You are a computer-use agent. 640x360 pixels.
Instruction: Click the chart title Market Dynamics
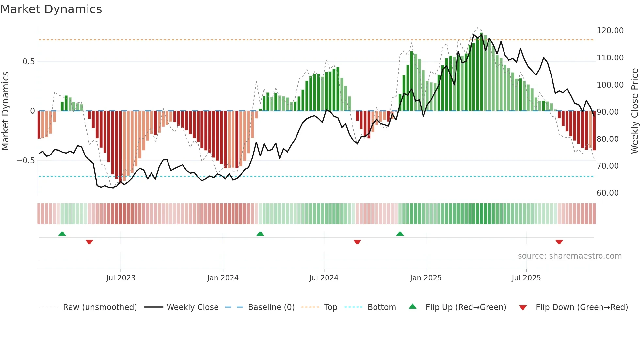(x=51, y=9)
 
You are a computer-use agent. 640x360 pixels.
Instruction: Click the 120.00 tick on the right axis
(x=610, y=31)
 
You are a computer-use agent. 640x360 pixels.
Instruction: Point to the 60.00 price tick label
(x=607, y=193)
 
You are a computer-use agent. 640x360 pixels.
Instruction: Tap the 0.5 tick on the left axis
(x=28, y=62)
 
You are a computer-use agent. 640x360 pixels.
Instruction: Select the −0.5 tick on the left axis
(x=26, y=161)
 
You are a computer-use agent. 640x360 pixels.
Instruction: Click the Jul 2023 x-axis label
(x=120, y=278)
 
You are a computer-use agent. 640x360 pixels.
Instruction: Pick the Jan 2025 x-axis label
(x=425, y=278)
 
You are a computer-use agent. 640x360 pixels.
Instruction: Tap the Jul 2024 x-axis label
(x=324, y=278)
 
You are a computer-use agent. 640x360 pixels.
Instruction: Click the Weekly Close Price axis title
(x=634, y=111)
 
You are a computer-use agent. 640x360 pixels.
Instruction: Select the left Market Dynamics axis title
(x=5, y=111)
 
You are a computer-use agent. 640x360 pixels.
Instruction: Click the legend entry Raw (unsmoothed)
(x=100, y=307)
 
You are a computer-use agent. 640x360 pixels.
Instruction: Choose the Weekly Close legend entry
(x=192, y=307)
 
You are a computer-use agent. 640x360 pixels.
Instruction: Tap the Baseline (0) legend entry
(x=271, y=307)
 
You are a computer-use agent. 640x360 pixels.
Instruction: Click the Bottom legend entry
(x=381, y=307)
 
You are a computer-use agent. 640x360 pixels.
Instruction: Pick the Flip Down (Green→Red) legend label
(x=582, y=307)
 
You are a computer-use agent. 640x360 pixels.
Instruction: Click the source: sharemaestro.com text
(x=569, y=256)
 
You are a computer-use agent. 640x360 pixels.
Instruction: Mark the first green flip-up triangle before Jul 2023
(x=62, y=234)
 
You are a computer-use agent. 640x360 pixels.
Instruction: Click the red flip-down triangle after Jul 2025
(x=559, y=242)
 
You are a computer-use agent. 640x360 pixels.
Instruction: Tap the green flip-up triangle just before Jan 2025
(x=400, y=234)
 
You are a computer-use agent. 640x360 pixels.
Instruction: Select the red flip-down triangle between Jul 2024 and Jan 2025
(x=357, y=242)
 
